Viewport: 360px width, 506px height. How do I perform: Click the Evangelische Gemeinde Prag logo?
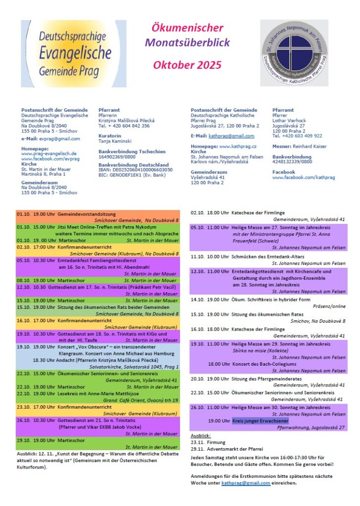click(x=74, y=54)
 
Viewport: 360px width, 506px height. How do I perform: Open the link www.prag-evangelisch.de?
click(x=48, y=153)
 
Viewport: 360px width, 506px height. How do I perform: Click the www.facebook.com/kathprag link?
click(x=303, y=177)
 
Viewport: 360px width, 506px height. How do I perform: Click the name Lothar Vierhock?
click(x=289, y=121)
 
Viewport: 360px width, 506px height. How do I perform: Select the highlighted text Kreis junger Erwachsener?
click(x=261, y=421)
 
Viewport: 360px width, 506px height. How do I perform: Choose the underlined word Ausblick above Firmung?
click(x=201, y=435)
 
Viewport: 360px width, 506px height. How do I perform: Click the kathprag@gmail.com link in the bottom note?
click(x=246, y=483)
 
